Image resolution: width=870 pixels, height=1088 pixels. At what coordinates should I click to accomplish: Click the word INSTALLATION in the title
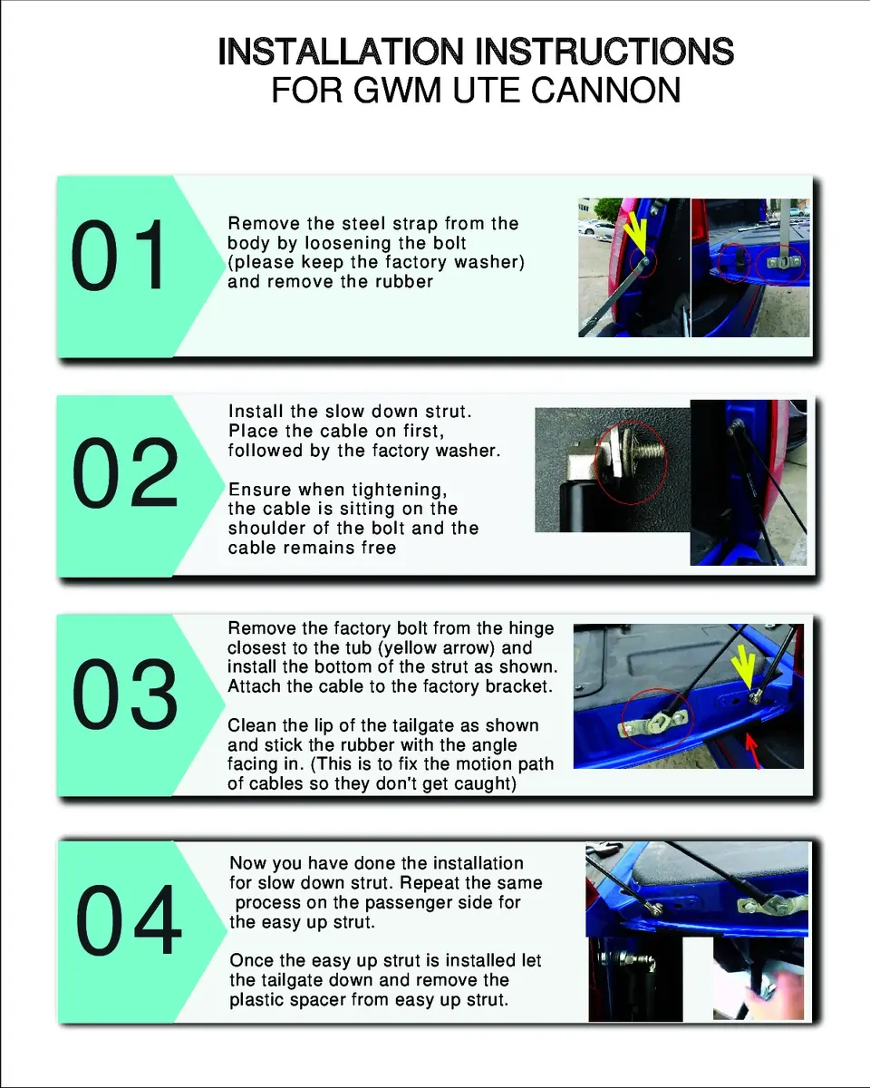[x=341, y=52]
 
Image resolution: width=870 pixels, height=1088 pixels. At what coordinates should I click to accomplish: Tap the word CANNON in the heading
[x=605, y=90]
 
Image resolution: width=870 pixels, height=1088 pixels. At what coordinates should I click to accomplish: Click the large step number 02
[x=125, y=472]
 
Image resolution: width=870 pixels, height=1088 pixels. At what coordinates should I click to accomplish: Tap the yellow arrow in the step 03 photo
[x=744, y=667]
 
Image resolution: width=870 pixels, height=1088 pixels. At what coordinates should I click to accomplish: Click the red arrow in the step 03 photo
[x=753, y=752]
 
